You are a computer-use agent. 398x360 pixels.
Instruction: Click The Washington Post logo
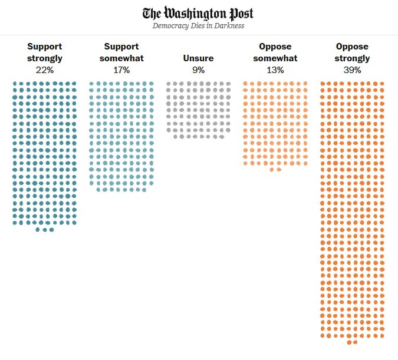point(198,13)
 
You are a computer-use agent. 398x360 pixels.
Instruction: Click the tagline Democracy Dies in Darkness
point(198,26)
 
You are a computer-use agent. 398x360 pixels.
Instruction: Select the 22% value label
point(45,70)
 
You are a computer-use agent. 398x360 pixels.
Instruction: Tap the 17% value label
point(121,70)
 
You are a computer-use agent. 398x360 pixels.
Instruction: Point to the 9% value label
point(198,70)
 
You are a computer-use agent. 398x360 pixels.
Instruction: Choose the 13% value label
point(275,70)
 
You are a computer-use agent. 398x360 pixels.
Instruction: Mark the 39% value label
point(352,70)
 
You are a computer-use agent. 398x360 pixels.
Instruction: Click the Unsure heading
point(198,58)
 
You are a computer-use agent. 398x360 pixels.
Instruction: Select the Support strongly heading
point(45,52)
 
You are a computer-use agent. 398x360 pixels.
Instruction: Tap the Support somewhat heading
point(121,52)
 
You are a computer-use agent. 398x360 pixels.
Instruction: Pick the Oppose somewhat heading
point(275,52)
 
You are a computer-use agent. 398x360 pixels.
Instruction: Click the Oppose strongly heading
point(352,52)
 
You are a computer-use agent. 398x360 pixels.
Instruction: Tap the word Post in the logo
point(240,13)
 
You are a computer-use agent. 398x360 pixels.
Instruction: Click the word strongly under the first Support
point(45,58)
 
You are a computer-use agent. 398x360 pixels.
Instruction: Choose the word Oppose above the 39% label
point(352,47)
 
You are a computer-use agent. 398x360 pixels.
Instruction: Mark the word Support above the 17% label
point(121,47)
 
